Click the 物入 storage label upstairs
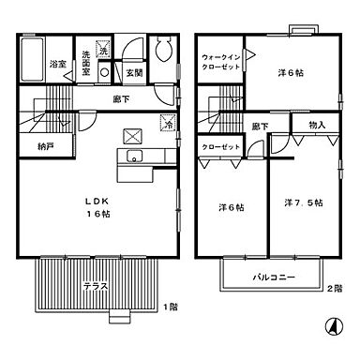pos(316,124)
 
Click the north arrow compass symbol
pos(330,327)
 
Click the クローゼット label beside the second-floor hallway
pos(218,147)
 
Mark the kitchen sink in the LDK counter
pos(131,156)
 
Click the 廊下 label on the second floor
pos(259,127)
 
